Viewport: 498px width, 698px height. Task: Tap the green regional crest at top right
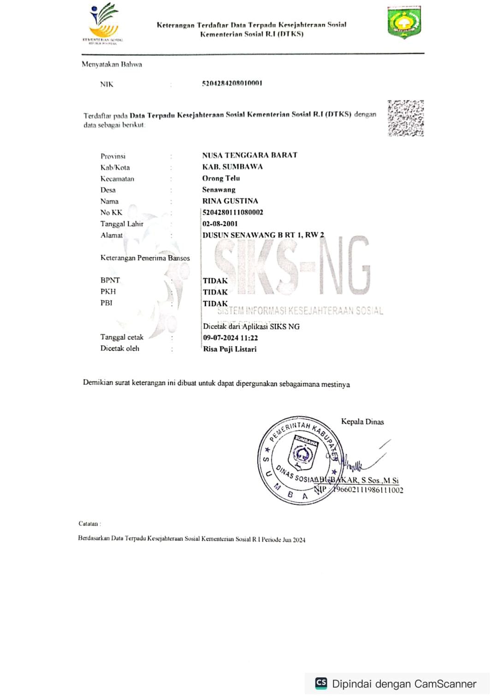tap(404, 22)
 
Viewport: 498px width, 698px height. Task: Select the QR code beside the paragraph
tap(405, 118)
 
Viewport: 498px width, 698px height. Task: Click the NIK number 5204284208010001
tap(232, 83)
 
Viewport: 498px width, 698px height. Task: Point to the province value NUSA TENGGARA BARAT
tap(249, 155)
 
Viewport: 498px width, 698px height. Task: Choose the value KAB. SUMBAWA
tap(232, 167)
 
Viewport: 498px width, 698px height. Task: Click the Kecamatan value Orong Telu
tap(221, 178)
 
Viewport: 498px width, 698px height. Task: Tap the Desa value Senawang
tap(219, 190)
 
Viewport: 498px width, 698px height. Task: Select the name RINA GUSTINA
tap(230, 201)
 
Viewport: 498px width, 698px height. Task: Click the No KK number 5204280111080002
tap(233, 212)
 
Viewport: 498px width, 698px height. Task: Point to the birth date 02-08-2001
tap(220, 224)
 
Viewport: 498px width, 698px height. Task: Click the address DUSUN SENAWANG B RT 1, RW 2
tap(263, 235)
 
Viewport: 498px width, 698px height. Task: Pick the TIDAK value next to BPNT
tap(215, 281)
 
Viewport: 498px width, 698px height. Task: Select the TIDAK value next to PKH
tap(215, 292)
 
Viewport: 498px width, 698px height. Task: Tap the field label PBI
tap(107, 303)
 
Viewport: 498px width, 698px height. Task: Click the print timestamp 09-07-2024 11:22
tap(231, 338)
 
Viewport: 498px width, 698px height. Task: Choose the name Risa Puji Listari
tap(230, 349)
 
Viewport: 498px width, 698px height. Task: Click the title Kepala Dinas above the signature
tap(362, 422)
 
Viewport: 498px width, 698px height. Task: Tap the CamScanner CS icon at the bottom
tap(321, 683)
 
